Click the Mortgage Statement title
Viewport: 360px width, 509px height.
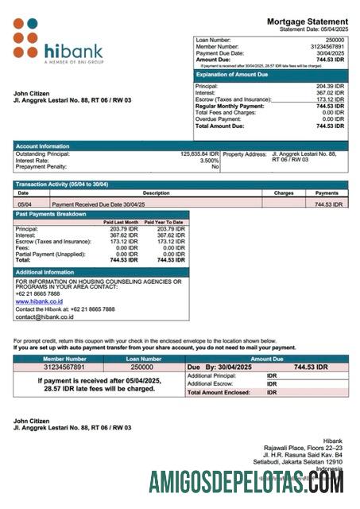coord(307,21)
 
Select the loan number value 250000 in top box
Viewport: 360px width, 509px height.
coord(335,39)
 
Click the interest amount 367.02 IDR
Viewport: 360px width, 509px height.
coord(328,92)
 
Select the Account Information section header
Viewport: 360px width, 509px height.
coord(43,146)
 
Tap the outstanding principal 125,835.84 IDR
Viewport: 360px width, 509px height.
coord(199,153)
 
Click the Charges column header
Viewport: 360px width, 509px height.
coord(284,192)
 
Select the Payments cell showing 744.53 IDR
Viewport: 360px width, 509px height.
coord(327,204)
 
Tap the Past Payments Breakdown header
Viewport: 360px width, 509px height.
coord(51,214)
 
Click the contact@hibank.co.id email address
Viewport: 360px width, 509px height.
coord(45,317)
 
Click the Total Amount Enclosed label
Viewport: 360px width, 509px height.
coord(219,392)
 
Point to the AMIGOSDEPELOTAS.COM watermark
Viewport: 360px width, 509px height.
coord(246,481)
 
